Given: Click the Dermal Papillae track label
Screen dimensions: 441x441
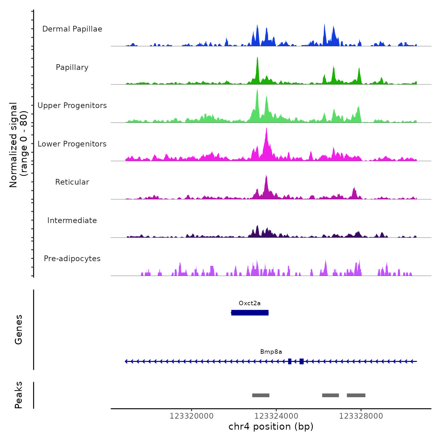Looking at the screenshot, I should tap(72, 29).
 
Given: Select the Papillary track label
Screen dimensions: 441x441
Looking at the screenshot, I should tap(72, 67).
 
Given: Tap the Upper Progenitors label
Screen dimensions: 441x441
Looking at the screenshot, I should tap(72, 106).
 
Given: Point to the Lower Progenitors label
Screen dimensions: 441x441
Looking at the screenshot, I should tap(72, 144).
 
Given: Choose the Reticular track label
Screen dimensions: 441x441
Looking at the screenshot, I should tap(72, 182).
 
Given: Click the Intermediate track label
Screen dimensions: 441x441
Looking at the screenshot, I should tap(72, 220).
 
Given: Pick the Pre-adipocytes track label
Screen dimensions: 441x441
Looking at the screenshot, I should tap(72, 259).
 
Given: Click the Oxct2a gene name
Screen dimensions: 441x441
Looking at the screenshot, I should tap(249, 303).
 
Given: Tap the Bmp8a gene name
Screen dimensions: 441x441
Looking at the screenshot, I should tap(271, 352).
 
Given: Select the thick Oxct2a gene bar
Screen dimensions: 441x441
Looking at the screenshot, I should tap(250, 312).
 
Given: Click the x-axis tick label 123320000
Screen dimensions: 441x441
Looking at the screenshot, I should tap(192, 416).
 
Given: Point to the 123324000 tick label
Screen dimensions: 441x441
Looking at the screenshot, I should tap(276, 416).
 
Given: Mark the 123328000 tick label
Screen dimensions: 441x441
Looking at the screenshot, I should tap(361, 416).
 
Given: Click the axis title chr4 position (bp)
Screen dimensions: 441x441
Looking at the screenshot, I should tap(271, 427).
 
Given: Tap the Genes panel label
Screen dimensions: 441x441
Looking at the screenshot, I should tap(19, 329).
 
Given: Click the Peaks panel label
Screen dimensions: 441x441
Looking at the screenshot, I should tap(19, 395).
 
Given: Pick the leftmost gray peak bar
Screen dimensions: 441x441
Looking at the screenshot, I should tap(261, 395).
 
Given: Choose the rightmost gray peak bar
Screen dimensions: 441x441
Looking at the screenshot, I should tap(356, 395).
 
